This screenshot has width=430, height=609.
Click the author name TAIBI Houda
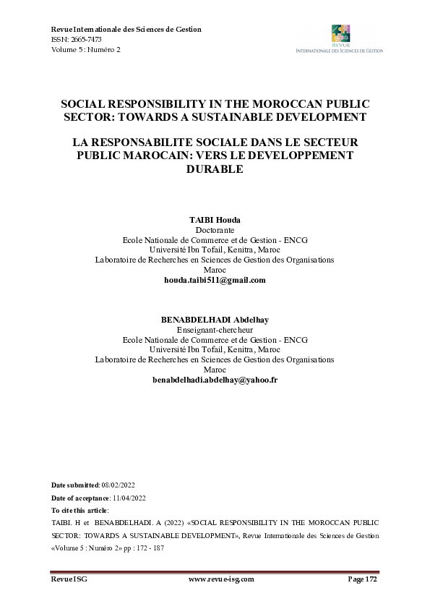coord(215,219)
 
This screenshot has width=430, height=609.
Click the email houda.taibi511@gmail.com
coord(215,280)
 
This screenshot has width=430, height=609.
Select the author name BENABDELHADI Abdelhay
coord(215,319)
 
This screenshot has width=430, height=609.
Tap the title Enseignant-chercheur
coord(215,329)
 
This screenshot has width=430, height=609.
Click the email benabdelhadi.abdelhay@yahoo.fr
coord(215,380)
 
